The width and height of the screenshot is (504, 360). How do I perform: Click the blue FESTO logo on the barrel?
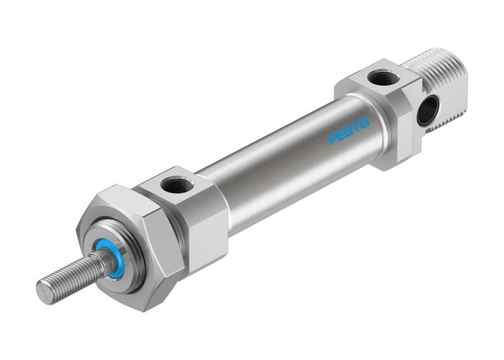point(348,132)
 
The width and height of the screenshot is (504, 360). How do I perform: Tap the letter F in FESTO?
point(333,140)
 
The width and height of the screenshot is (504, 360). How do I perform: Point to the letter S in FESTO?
point(349,132)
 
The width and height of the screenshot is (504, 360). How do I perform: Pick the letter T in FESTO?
point(356,127)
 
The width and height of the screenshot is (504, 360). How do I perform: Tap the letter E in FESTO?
point(341,136)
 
